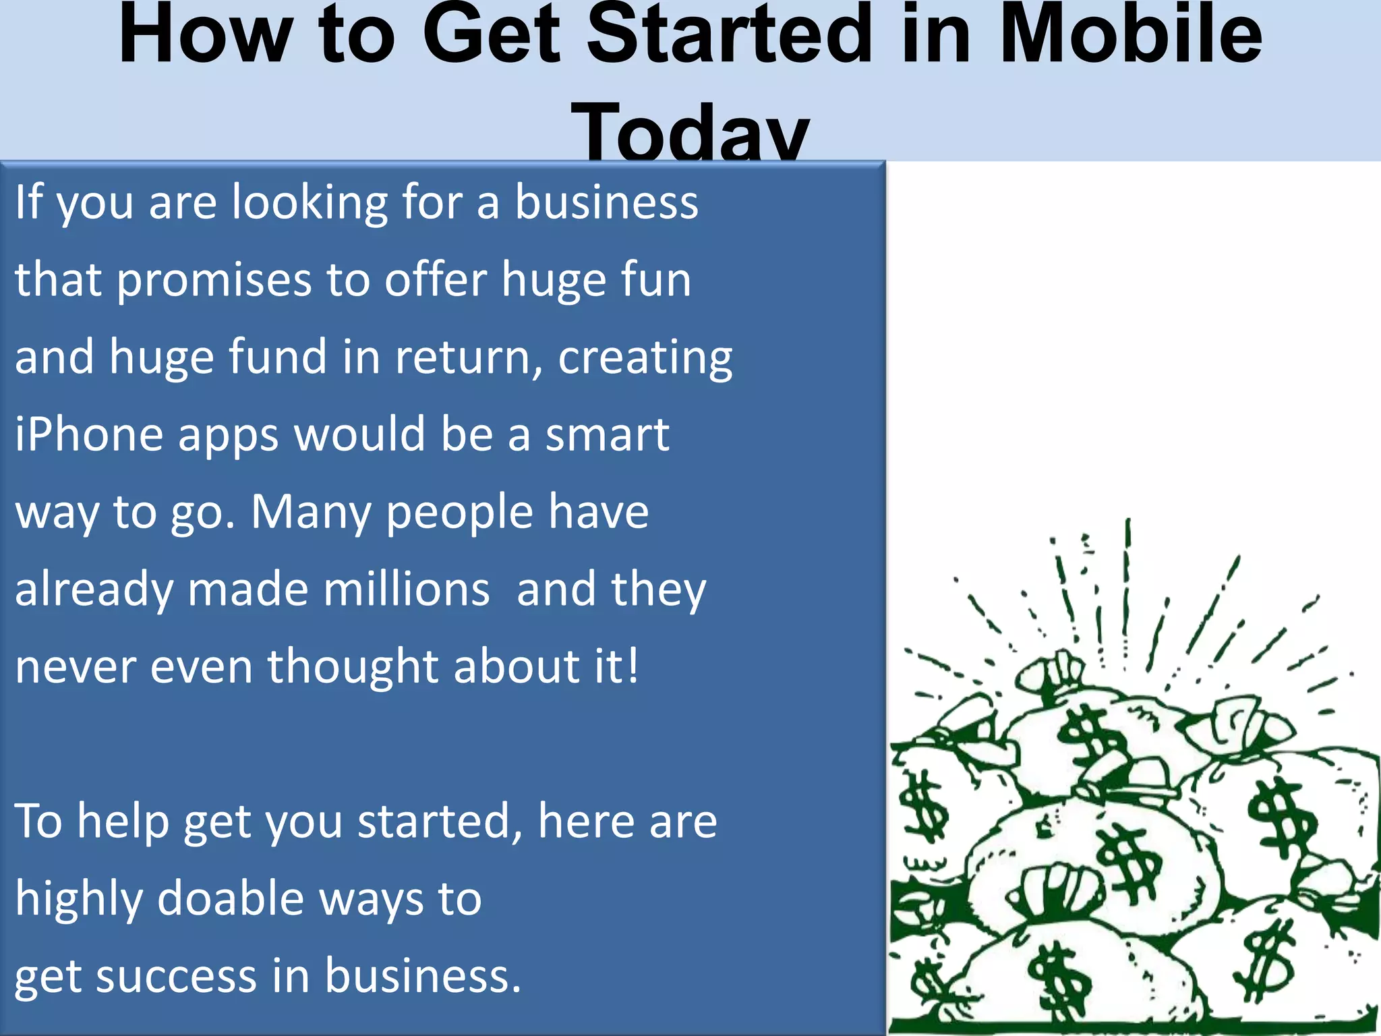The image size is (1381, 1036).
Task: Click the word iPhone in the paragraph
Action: [88, 434]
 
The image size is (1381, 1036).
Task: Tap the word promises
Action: [214, 280]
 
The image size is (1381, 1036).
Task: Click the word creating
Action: [645, 357]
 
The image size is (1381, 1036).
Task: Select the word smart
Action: [607, 434]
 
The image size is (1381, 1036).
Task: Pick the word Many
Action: [310, 513]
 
